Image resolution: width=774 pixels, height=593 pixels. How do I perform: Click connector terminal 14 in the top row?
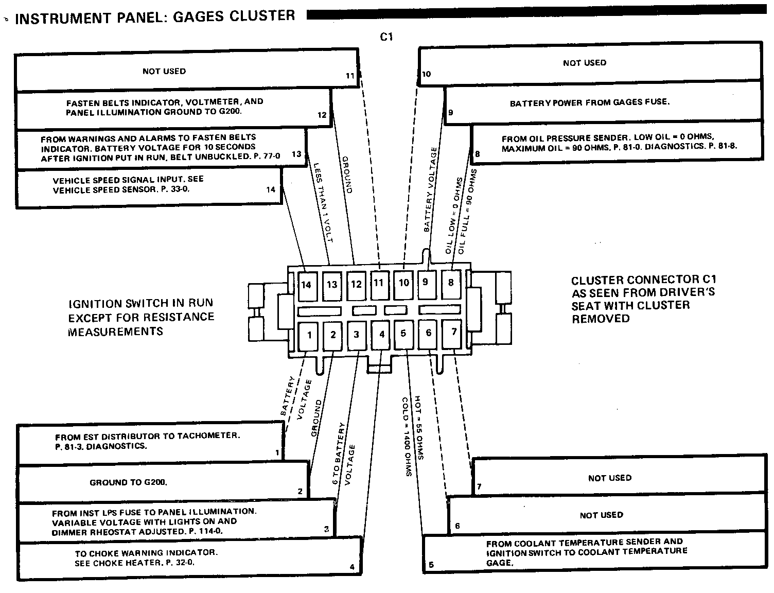[307, 285]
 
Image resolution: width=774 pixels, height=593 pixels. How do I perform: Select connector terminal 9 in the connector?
[425, 282]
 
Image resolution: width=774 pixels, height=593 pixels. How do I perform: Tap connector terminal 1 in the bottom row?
[309, 335]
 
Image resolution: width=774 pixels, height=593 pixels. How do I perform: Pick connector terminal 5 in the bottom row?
[403, 333]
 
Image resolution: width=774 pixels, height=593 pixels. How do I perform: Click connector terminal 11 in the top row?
[379, 283]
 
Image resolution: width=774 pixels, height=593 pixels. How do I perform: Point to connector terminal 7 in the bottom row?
[453, 332]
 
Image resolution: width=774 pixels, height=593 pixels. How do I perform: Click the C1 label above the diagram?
[386, 37]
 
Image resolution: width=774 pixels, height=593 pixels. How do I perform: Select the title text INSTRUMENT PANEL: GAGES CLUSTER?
[155, 18]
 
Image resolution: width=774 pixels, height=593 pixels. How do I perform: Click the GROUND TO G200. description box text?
[129, 482]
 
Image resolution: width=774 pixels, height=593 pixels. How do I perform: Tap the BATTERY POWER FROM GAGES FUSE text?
[590, 103]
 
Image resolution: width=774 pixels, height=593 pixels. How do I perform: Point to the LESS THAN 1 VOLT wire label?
[324, 203]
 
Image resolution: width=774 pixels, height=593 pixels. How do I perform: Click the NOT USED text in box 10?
[585, 63]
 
